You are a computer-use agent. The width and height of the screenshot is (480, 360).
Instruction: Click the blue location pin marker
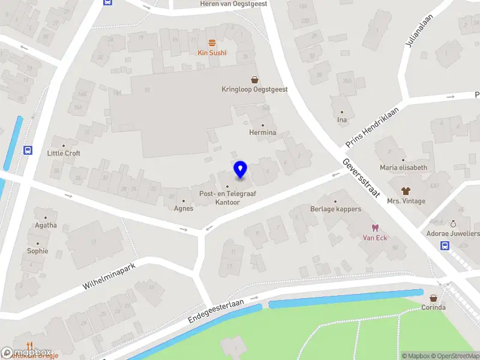tap(240, 169)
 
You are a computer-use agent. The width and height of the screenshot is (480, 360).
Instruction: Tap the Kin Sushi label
tap(212, 53)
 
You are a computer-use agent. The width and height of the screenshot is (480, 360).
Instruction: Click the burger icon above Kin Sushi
tap(212, 43)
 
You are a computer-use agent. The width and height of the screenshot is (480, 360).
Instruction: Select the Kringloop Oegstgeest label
tap(254, 89)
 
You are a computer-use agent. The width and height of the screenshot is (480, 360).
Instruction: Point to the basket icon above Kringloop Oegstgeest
tap(254, 79)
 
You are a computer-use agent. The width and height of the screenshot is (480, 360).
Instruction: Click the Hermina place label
tap(263, 133)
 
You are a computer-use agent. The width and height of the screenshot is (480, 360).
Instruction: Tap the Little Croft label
tap(64, 153)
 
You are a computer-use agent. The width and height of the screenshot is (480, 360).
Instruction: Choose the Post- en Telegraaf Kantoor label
tap(220, 198)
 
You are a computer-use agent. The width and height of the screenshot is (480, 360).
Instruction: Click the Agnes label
tap(184, 209)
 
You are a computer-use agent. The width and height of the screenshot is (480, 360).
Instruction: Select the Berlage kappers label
tap(335, 209)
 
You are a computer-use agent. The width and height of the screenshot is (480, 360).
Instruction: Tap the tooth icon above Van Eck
tap(376, 227)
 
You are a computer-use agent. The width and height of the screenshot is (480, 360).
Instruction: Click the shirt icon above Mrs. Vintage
tap(406, 191)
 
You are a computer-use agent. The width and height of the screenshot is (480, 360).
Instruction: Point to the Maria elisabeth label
tap(403, 168)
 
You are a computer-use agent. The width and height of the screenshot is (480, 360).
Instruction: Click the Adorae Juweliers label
tap(453, 233)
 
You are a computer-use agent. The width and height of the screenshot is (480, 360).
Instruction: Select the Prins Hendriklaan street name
tap(373, 128)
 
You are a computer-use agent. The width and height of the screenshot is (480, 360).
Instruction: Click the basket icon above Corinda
tap(433, 298)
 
